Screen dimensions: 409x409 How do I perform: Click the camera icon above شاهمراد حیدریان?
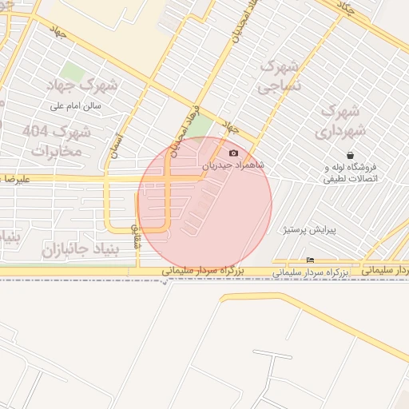coord(233,153)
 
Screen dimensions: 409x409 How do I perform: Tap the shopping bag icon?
coord(350,155)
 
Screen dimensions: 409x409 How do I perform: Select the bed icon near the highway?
coord(311,260)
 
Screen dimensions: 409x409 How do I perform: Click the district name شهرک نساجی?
coord(280,73)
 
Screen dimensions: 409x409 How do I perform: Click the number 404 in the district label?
coord(35,130)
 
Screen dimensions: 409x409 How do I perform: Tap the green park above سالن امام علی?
coord(73,74)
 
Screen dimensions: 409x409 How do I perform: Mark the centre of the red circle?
coord(205,204)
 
